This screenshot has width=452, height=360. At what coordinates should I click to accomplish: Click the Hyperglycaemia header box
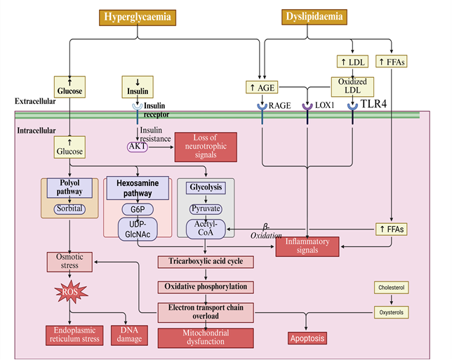click(x=138, y=17)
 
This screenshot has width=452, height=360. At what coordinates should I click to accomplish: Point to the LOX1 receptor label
click(x=325, y=106)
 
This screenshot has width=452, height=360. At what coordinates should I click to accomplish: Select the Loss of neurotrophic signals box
click(x=206, y=146)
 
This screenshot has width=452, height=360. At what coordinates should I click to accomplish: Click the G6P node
click(x=138, y=209)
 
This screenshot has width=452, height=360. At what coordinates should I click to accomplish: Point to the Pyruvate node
click(x=206, y=209)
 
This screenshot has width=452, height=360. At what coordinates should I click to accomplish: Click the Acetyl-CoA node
click(x=206, y=228)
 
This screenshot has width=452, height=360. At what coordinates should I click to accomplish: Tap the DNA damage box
click(x=129, y=335)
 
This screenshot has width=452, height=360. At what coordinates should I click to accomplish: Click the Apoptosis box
click(x=307, y=338)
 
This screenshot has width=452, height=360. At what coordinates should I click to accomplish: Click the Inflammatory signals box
click(x=307, y=246)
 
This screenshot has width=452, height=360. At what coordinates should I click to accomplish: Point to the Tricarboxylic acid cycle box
click(x=206, y=262)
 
